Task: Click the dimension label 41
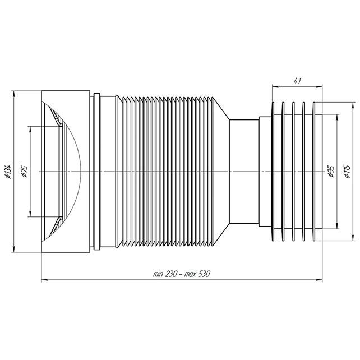coord(297,81)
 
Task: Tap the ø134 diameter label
coord(8,172)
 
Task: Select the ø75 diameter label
coord(25,172)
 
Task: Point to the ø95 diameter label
coord(331,172)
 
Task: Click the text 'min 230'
coord(165,274)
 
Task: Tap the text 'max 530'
coord(198,274)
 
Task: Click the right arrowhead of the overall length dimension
coord(320,280)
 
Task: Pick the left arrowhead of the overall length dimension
coord(44,280)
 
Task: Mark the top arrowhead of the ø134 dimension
coord(14,94)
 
